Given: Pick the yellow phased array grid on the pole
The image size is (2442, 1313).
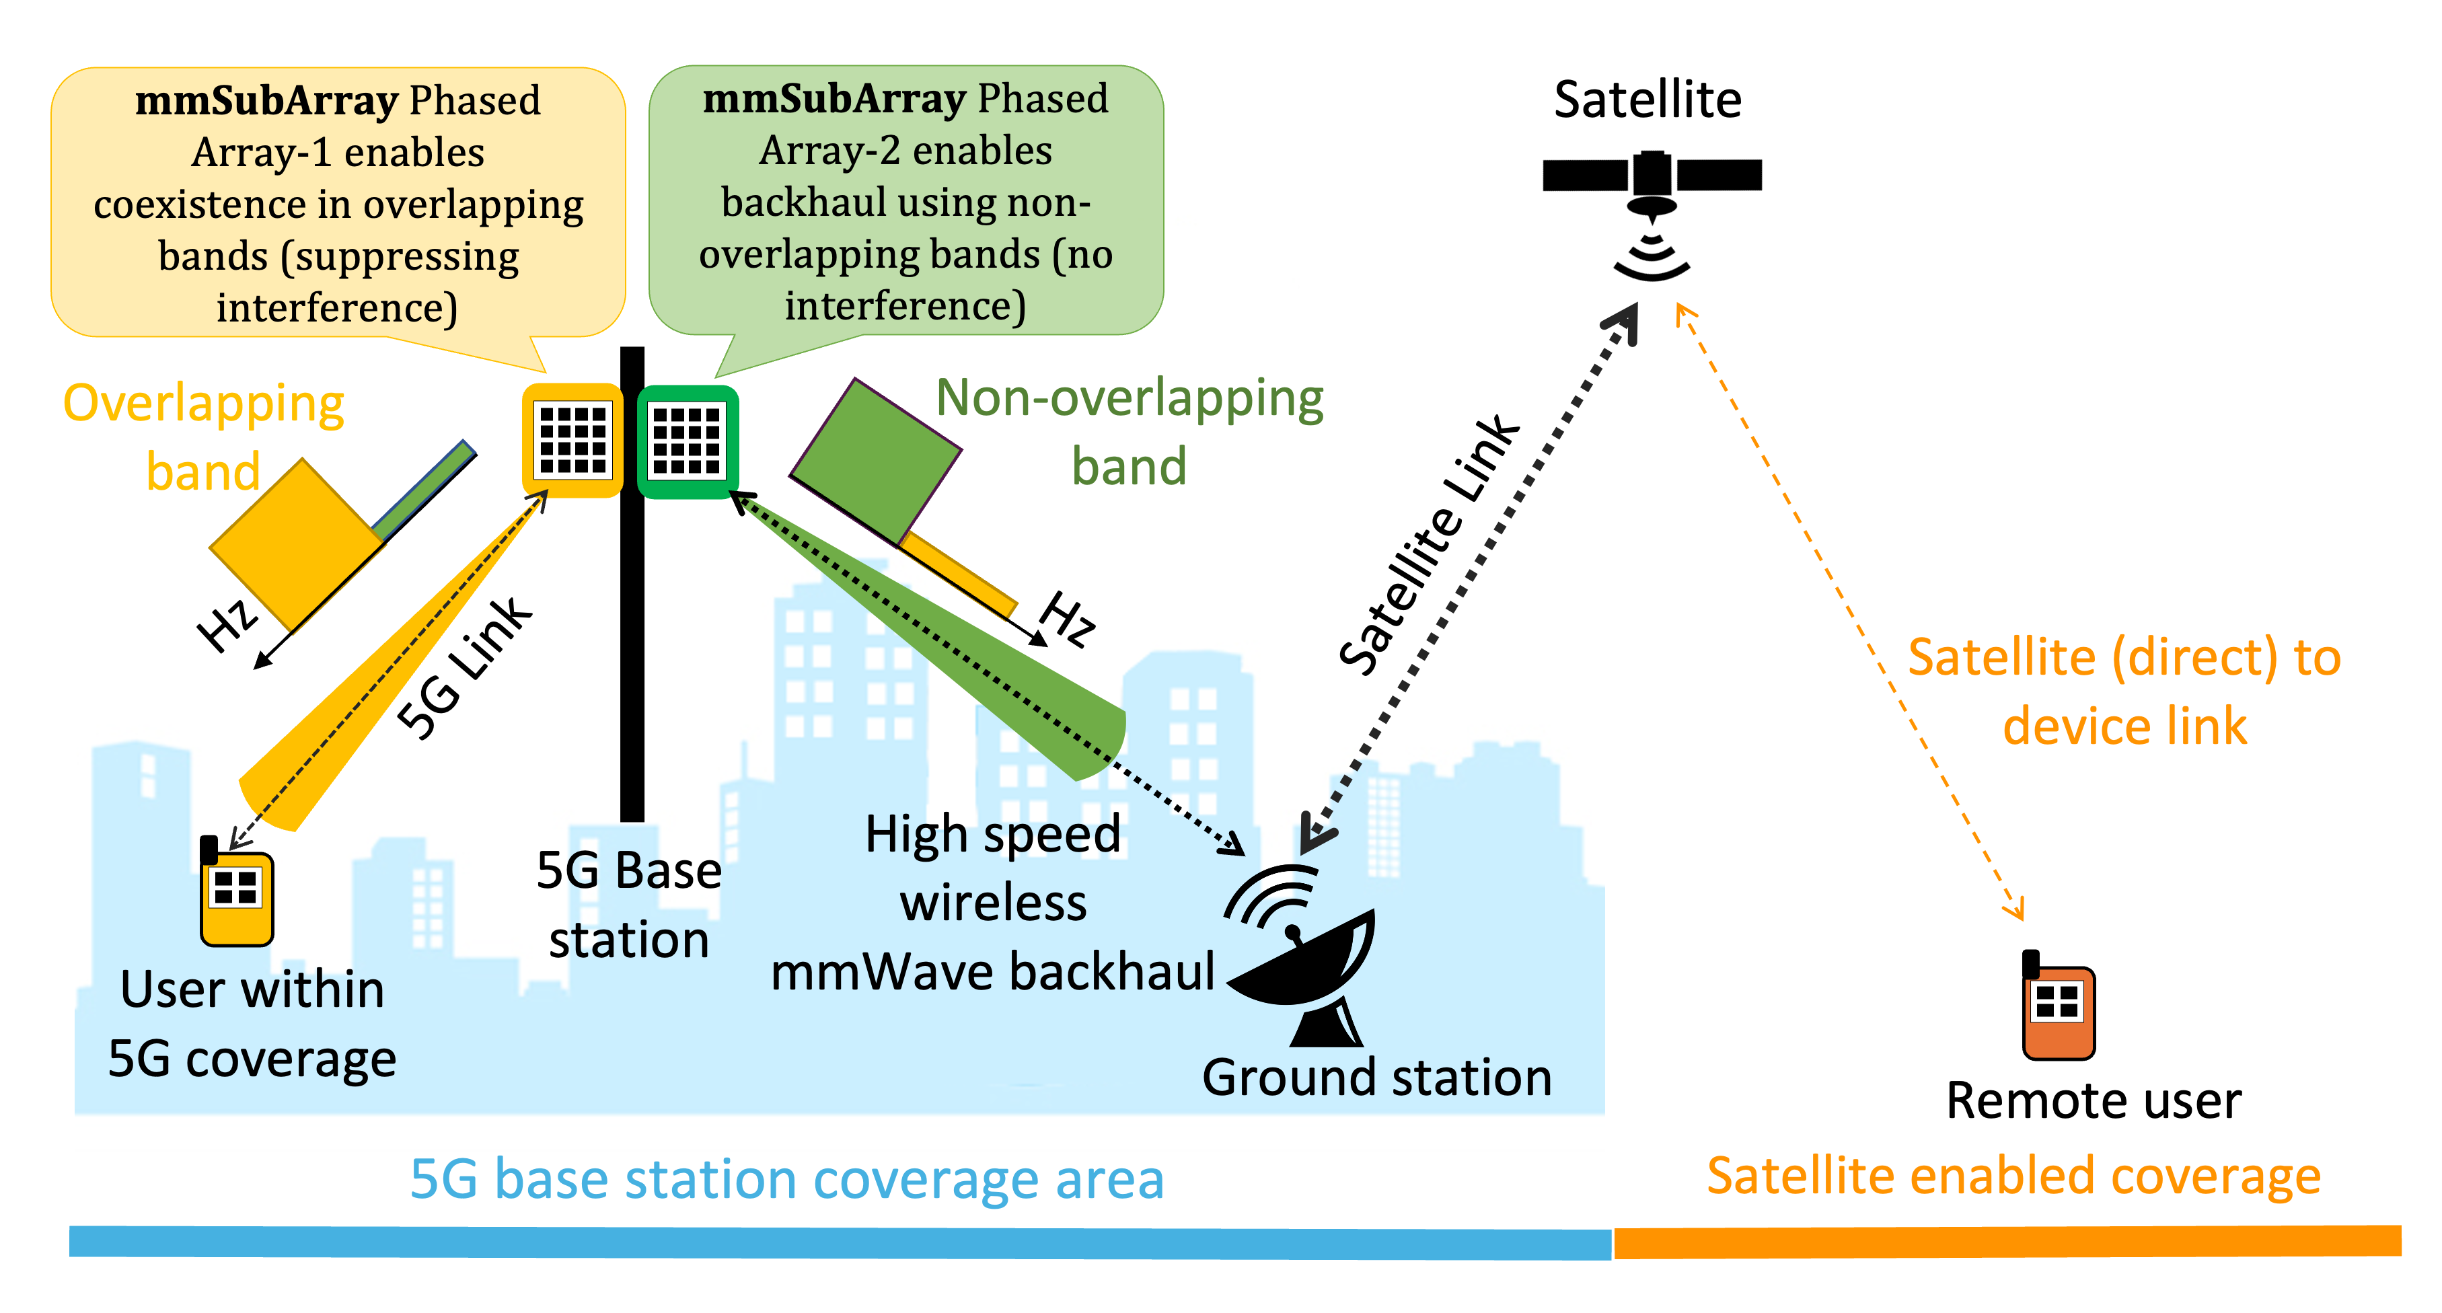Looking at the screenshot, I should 572,440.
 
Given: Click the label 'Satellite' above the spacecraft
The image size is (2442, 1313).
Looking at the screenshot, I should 1648,100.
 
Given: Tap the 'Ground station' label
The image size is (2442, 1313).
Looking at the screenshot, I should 1376,1078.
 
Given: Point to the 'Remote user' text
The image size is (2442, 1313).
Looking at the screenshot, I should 2093,1100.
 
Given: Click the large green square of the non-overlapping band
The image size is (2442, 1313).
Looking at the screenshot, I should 875,463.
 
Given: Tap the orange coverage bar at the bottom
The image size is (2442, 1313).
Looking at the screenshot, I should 2006,1242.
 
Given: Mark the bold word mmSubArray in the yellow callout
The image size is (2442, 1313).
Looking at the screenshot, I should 266,100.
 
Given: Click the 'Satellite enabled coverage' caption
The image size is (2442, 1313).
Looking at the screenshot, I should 2013,1176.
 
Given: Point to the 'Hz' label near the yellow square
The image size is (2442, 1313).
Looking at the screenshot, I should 227,625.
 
